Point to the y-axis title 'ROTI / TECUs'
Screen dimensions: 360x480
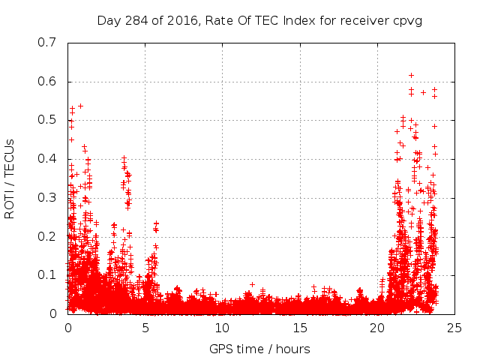pos(10,178)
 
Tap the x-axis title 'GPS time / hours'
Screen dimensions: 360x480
pos(259,349)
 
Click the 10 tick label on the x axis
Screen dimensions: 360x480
pos(223,328)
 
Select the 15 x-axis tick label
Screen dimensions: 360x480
pos(300,328)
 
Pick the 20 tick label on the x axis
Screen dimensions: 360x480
pos(377,328)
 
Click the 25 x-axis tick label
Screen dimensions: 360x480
pos(454,328)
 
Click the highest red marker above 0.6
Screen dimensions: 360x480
pos(411,75)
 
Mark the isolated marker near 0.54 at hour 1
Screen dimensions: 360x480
pos(80,106)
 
